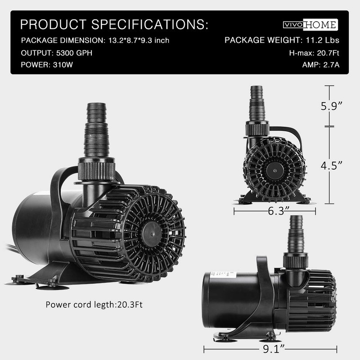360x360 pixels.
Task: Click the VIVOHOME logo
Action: coord(310,25)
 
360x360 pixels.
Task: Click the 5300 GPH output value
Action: coord(74,53)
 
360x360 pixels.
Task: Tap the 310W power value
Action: coord(63,65)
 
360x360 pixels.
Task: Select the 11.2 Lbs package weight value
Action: coord(322,40)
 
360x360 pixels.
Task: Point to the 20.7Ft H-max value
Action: coord(328,53)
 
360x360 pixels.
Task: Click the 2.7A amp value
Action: coord(331,65)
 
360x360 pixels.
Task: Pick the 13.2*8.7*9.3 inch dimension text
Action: coord(139,40)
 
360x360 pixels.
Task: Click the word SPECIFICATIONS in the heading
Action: coord(150,24)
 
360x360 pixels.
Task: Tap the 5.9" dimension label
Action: coord(332,106)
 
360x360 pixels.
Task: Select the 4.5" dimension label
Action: coord(332,165)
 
